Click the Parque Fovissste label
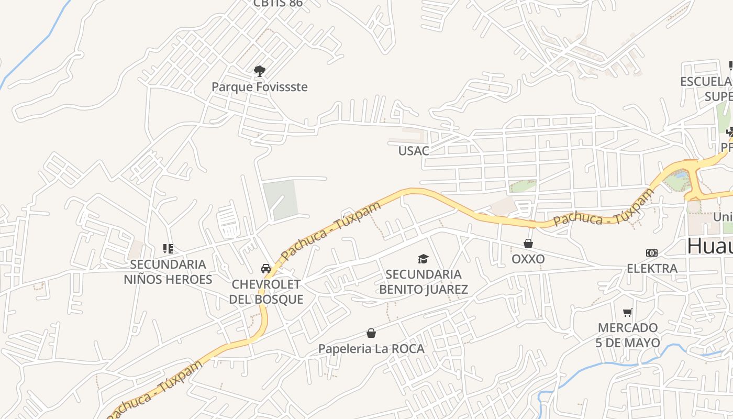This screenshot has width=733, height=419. [x=259, y=87]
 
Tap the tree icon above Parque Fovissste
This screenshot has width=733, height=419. [x=259, y=71]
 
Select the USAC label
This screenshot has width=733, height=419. [x=413, y=151]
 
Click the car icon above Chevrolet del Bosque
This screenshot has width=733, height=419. [x=266, y=269]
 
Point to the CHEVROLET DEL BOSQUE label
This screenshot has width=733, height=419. [x=266, y=292]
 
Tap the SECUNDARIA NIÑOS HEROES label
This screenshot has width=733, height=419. [x=168, y=272]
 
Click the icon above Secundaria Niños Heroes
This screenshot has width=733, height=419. [x=168, y=248]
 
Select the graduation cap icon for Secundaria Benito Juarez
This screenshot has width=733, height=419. [x=423, y=259]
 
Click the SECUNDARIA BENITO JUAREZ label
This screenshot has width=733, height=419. [x=423, y=282]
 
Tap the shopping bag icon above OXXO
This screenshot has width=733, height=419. [x=528, y=244]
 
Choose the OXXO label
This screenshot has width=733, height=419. [x=528, y=259]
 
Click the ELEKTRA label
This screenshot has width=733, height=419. [x=652, y=269]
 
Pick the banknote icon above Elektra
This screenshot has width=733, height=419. [x=652, y=253]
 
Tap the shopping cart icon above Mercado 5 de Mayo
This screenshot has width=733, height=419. [x=628, y=313]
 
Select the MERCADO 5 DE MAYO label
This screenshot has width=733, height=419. [x=628, y=336]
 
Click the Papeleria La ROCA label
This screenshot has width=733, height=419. [x=371, y=349]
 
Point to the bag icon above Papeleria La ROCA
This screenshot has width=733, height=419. [x=371, y=333]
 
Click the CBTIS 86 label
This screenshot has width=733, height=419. [x=277, y=4]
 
